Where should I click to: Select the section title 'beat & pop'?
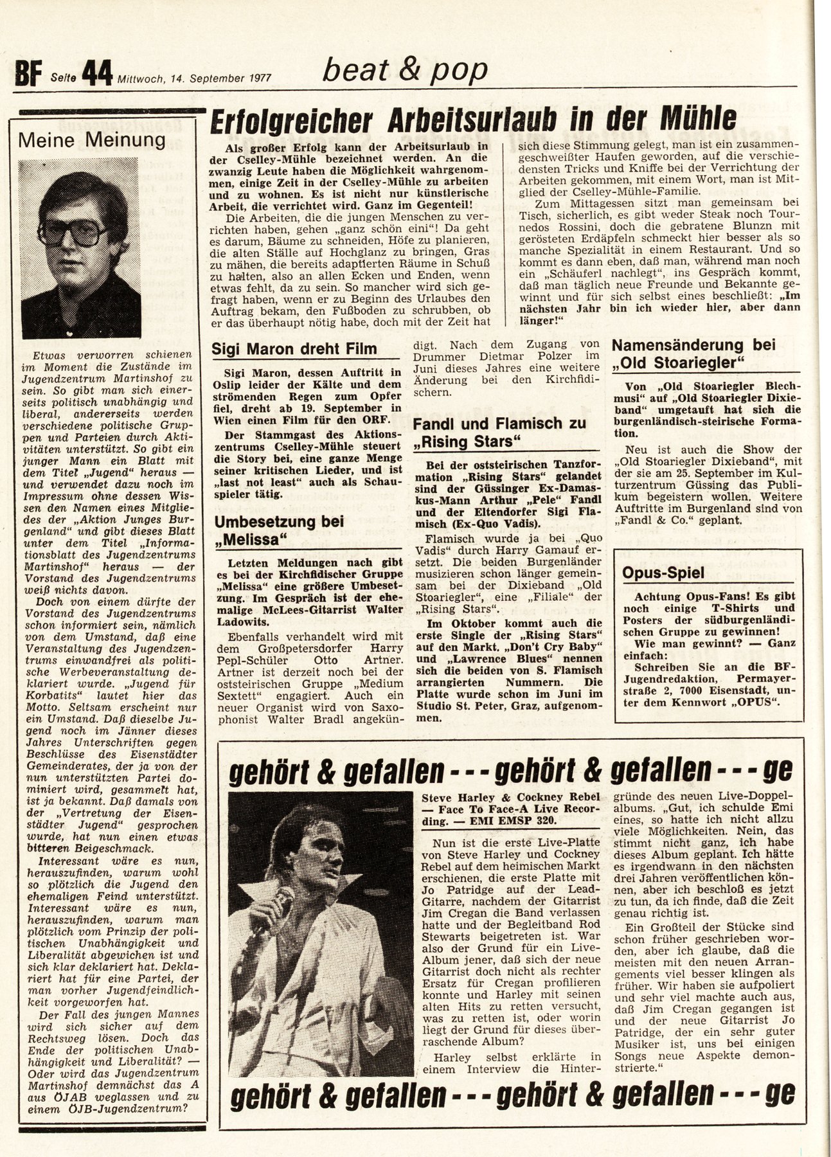pyautogui.click(x=404, y=70)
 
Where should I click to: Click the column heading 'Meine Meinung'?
pyautogui.click(x=82, y=139)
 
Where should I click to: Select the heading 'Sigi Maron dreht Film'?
pyautogui.click(x=295, y=349)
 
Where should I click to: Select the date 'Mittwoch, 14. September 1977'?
pyautogui.click(x=193, y=79)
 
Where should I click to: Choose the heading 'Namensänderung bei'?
pyautogui.click(x=693, y=345)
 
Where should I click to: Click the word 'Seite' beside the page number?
pyautogui.click(x=62, y=78)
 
